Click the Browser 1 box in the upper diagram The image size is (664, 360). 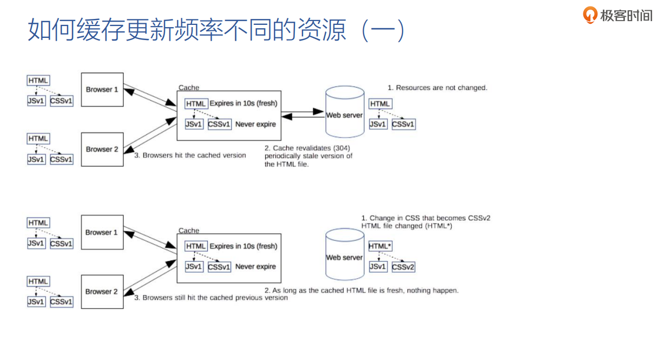point(102,90)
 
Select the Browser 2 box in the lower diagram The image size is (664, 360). point(102,292)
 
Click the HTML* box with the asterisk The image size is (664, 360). point(379,246)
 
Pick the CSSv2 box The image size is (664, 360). point(403,267)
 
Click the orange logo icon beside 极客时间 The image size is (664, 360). point(589,15)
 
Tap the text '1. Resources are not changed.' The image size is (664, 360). point(437,88)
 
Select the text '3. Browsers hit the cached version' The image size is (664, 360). point(190,155)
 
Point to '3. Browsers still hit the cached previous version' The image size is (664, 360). point(211,298)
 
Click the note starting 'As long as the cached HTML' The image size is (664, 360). point(361,291)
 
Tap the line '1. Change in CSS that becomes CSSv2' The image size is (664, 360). point(425,218)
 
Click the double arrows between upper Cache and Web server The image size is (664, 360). point(302,113)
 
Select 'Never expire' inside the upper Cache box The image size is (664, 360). point(255,124)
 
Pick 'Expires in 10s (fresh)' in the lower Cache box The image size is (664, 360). point(244,246)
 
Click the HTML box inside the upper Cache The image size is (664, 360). point(196,103)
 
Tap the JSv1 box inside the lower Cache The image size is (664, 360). point(194,267)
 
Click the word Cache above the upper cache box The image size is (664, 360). point(189,88)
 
